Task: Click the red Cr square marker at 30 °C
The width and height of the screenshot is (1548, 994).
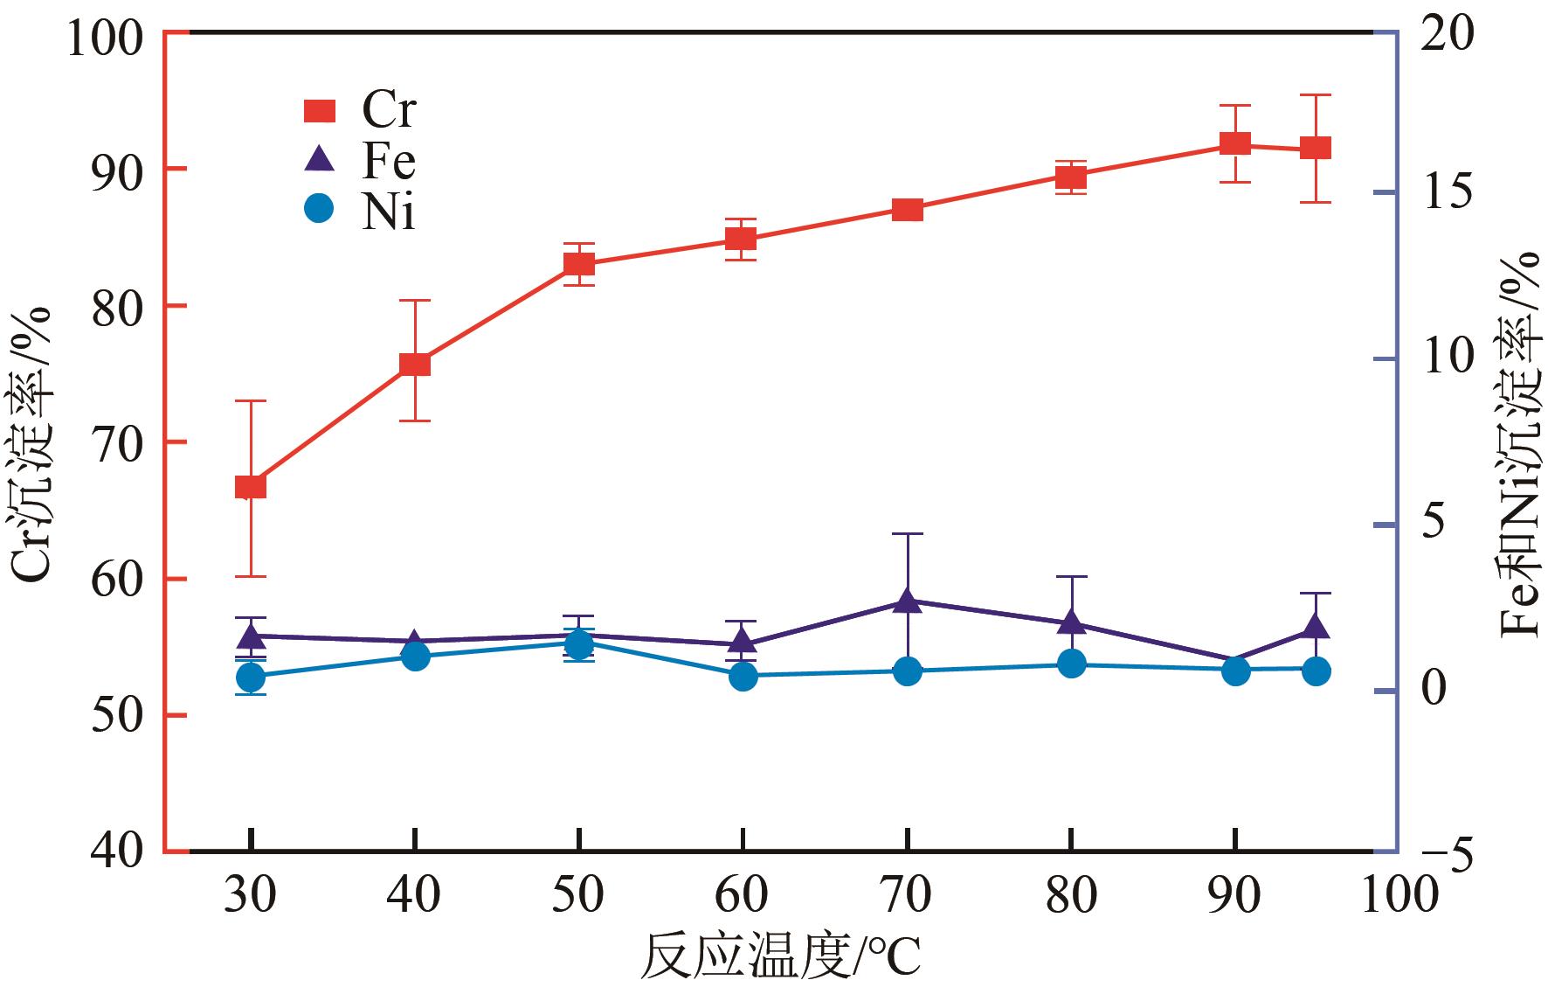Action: (251, 487)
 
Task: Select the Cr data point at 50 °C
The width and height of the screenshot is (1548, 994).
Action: (578, 264)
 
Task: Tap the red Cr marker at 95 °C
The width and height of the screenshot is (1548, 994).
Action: (1316, 148)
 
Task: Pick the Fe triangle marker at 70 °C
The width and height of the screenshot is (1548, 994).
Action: (908, 600)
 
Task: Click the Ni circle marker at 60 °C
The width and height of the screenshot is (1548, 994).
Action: (743, 676)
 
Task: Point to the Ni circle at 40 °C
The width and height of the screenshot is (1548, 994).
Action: (415, 656)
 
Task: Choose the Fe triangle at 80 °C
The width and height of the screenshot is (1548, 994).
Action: (1071, 622)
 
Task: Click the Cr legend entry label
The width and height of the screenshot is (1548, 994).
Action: (389, 110)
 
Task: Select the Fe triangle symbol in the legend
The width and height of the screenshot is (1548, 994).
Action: (319, 159)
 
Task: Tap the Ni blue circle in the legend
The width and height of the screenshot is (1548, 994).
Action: (319, 209)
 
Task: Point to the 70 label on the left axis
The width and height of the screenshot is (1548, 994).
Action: (117, 442)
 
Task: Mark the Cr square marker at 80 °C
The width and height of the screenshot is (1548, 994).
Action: (1071, 177)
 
